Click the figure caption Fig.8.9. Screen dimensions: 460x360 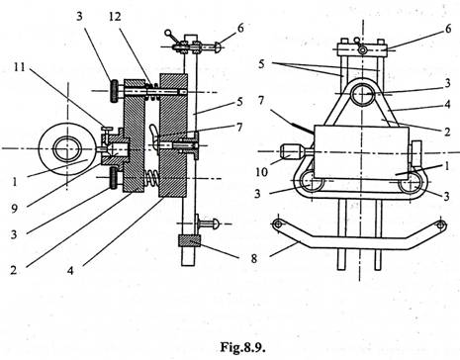[242, 347]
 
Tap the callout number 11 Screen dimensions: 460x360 [20, 68]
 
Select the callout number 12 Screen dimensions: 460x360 [115, 17]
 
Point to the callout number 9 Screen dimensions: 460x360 [14, 209]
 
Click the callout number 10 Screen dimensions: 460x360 [261, 172]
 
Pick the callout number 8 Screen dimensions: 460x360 [253, 258]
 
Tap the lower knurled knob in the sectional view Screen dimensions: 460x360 [114, 178]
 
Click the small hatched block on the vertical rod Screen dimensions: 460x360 [189, 241]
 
